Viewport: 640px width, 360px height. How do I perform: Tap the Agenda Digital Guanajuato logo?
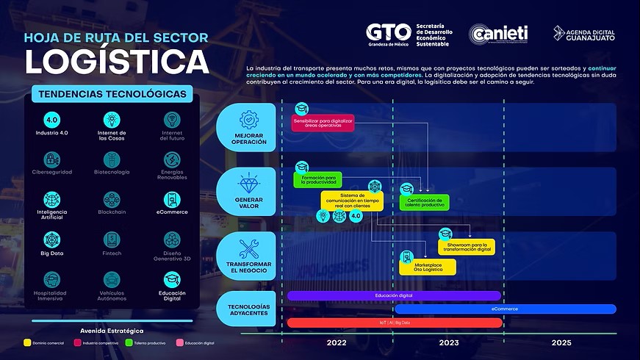(x=584, y=34)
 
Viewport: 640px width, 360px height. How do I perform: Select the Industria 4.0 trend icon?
(x=52, y=120)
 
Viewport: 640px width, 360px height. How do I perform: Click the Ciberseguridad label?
(x=52, y=172)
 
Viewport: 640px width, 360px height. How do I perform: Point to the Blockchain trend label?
(x=112, y=212)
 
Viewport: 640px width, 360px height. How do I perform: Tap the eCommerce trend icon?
(x=171, y=199)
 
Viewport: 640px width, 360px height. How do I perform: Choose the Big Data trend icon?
(x=52, y=240)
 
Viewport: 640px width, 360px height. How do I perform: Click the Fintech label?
(x=112, y=253)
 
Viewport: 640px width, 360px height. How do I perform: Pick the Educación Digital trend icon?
(x=171, y=280)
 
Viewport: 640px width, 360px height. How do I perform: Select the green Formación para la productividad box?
(x=318, y=179)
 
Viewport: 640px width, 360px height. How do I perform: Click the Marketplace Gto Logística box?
(x=428, y=267)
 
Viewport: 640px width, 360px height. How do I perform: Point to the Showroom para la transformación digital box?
(x=467, y=247)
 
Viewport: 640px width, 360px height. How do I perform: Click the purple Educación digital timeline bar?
(x=394, y=295)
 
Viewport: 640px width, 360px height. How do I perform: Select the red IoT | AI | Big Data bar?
(x=394, y=323)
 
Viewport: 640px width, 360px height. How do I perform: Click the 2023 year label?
(x=448, y=343)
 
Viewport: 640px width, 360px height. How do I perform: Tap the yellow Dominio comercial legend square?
(x=27, y=343)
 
